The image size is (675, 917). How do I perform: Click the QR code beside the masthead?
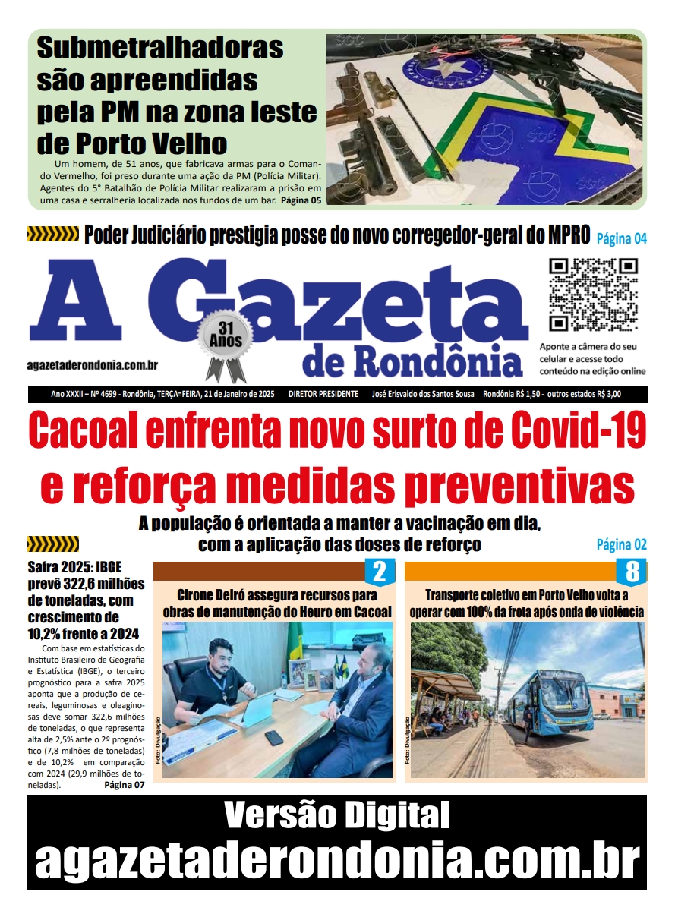pyautogui.click(x=593, y=295)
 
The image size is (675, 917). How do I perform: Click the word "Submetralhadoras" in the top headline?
pyautogui.click(x=159, y=48)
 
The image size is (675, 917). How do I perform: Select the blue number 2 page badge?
pyautogui.click(x=379, y=571)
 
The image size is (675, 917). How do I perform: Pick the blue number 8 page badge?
pyautogui.click(x=630, y=571)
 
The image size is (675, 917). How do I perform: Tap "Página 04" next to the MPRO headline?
pyautogui.click(x=621, y=238)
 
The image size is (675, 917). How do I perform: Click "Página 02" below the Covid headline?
pyautogui.click(x=621, y=544)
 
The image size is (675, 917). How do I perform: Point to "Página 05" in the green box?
pyautogui.click(x=301, y=200)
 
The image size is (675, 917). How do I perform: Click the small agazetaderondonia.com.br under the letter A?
pyautogui.click(x=92, y=365)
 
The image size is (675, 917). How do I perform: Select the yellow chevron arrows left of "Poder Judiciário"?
pyautogui.click(x=52, y=235)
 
